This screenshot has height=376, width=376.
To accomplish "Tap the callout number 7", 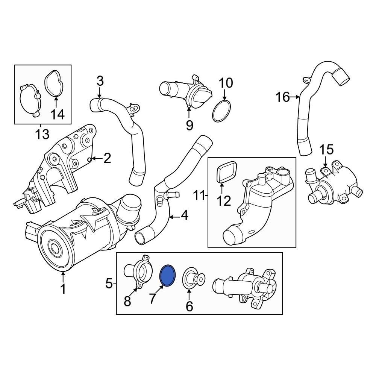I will [152, 299].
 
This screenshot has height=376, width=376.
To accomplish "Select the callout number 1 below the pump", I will [63, 289].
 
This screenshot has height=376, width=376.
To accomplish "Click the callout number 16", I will [282, 98].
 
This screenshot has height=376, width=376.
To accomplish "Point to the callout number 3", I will [100, 80].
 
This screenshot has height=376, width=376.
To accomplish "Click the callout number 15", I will [326, 150].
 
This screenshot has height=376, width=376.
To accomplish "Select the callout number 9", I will [189, 124].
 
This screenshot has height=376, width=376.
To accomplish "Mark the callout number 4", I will [184, 216].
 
